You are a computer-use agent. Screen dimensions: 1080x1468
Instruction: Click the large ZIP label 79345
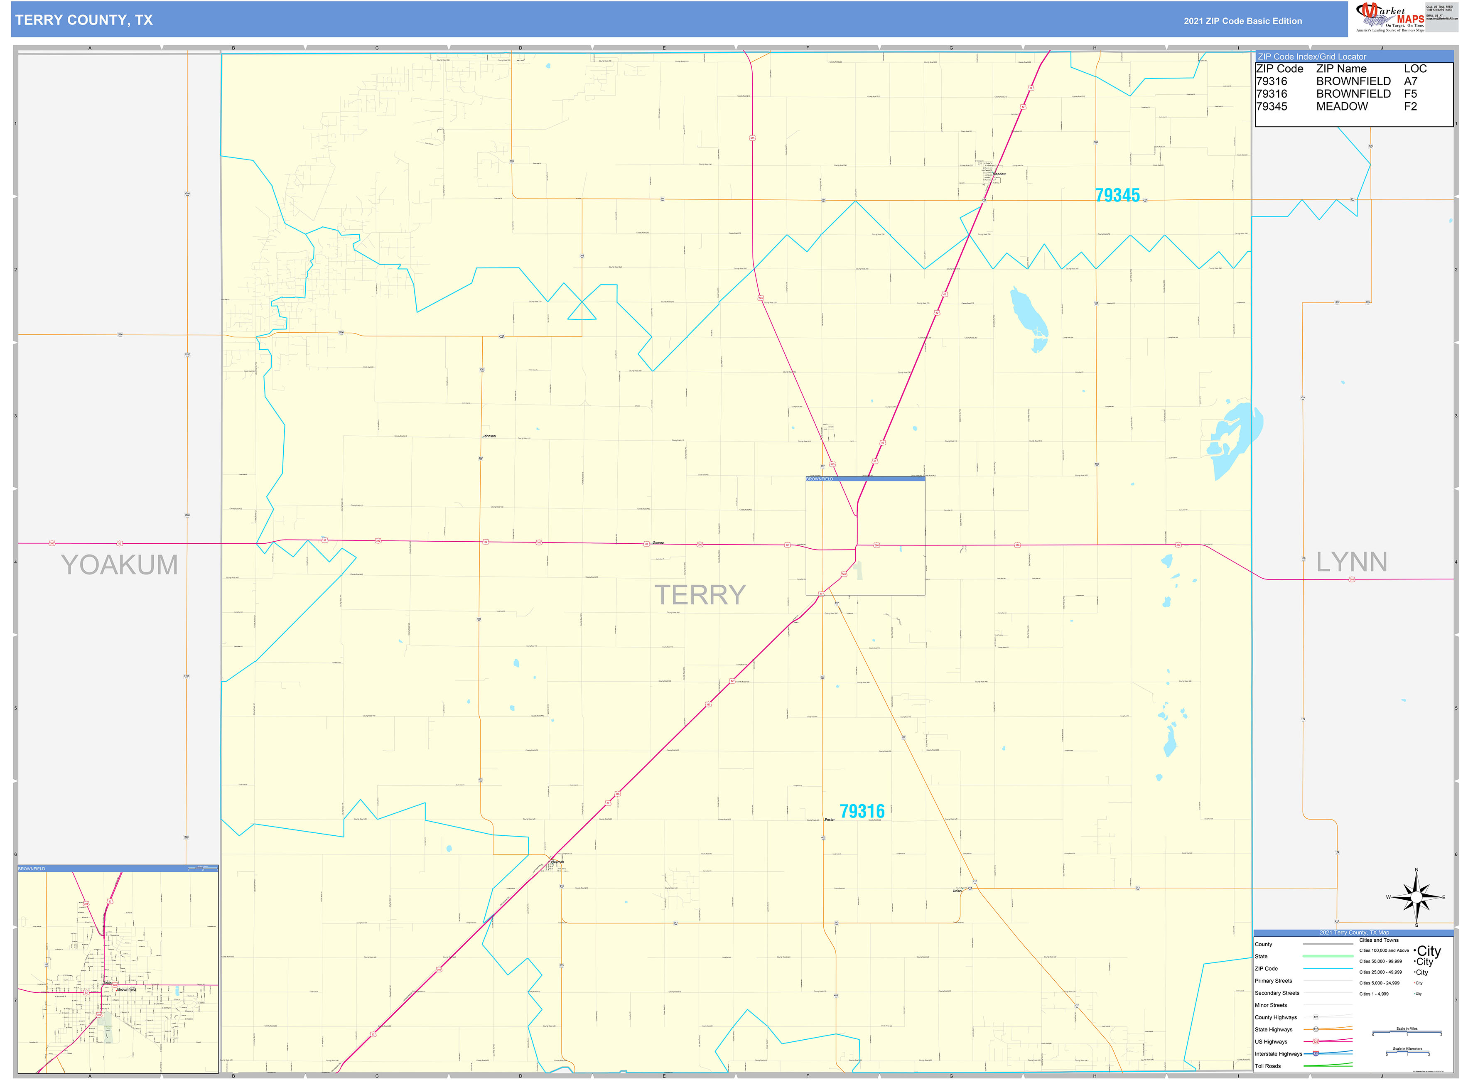click(x=1117, y=196)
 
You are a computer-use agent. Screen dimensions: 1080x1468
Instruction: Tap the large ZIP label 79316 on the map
click(x=862, y=811)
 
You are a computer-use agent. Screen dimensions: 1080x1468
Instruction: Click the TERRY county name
click(x=700, y=595)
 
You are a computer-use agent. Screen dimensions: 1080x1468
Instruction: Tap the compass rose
click(x=1416, y=897)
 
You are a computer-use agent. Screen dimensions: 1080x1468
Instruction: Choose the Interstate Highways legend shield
click(x=1316, y=1054)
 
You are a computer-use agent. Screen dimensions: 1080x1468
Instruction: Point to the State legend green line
click(x=1328, y=957)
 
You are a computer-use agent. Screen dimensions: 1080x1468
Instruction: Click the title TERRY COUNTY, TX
click(x=83, y=20)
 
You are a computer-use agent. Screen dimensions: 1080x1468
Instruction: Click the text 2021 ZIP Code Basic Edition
click(x=1242, y=21)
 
